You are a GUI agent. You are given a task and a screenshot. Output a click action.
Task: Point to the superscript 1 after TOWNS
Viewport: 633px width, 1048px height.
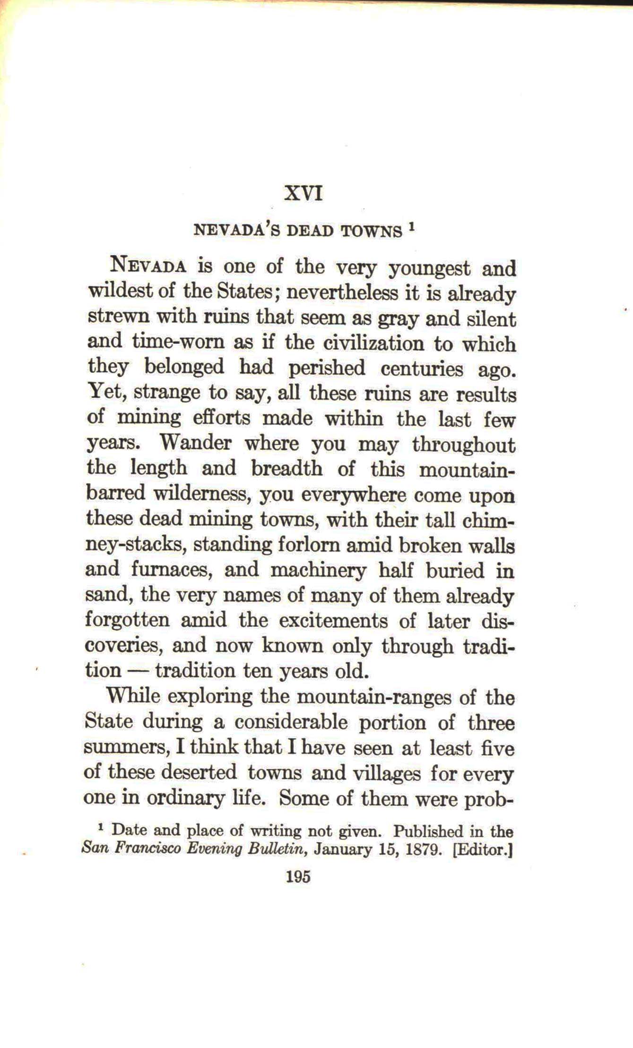click(x=412, y=228)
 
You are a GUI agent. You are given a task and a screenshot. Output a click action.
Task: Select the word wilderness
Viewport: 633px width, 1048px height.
click(x=206, y=494)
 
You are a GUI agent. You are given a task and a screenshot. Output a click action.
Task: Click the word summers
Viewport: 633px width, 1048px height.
click(x=127, y=748)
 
